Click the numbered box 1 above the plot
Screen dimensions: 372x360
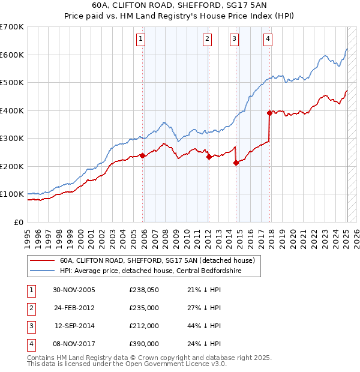140,40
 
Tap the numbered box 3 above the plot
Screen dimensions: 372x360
234,40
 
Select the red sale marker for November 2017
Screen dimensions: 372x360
269,112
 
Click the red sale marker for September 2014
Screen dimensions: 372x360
236,163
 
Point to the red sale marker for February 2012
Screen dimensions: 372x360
208,157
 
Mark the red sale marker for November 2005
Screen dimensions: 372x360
142,155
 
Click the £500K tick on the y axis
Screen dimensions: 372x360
13,82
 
